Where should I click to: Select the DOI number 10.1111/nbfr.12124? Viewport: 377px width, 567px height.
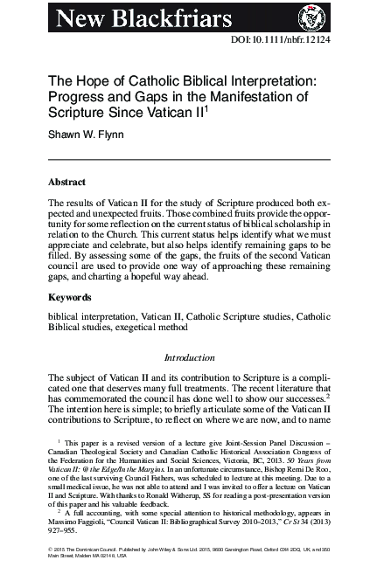click(298, 42)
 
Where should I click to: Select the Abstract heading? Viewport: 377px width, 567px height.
click(66, 183)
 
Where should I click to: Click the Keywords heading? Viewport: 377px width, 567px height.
click(70, 297)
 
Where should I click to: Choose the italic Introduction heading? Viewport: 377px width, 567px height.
click(189, 356)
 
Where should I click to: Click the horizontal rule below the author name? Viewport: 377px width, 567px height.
click(188, 159)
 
